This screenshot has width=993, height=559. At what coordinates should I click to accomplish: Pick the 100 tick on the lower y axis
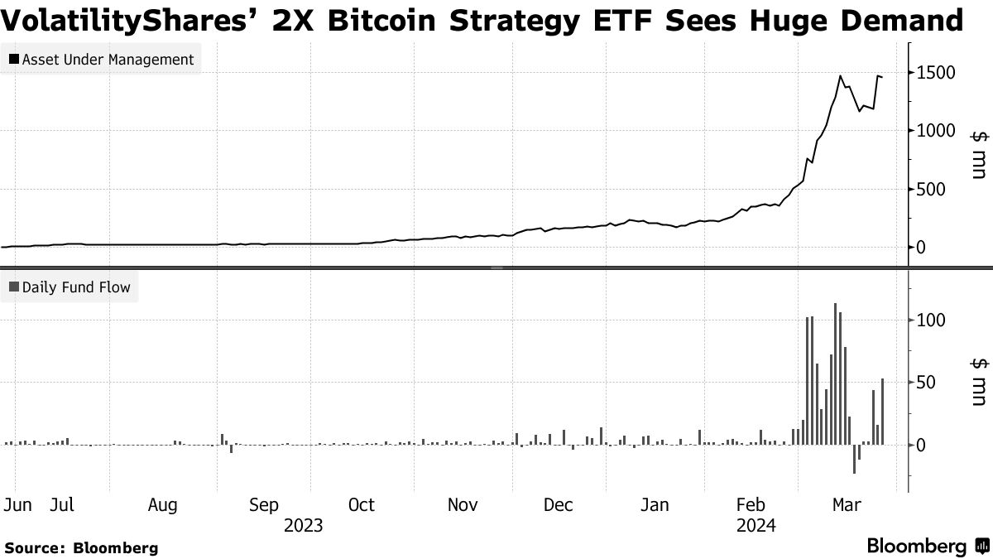pyautogui.click(x=932, y=320)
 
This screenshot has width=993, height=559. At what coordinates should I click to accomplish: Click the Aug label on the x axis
pyautogui.click(x=163, y=505)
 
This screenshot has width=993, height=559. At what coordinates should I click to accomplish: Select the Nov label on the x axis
pyautogui.click(x=463, y=505)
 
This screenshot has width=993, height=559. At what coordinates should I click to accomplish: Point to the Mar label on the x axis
pyautogui.click(x=846, y=505)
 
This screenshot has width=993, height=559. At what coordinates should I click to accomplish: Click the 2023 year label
pyautogui.click(x=303, y=525)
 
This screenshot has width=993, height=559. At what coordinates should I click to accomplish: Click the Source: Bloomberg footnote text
pyautogui.click(x=81, y=547)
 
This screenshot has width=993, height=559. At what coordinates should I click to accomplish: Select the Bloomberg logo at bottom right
pyautogui.click(x=927, y=547)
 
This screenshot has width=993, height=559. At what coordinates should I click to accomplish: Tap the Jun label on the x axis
pyautogui.click(x=17, y=505)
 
